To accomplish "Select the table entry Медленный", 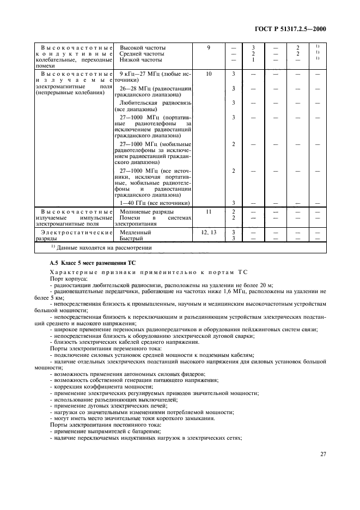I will (135, 232).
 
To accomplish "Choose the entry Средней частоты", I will (142, 53).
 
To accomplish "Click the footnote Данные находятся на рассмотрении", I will (100, 247).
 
